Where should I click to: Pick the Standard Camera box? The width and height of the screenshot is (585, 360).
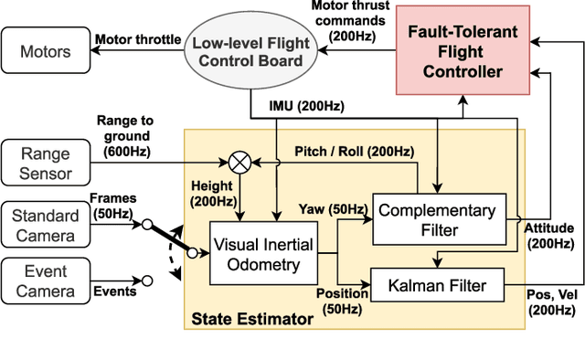pyautogui.click(x=46, y=224)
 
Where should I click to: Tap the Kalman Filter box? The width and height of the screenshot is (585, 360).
pyautogui.click(x=438, y=286)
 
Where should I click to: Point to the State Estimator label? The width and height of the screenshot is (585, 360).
pyautogui.click(x=251, y=319)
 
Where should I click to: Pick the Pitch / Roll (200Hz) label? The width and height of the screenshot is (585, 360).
pyautogui.click(x=353, y=151)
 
